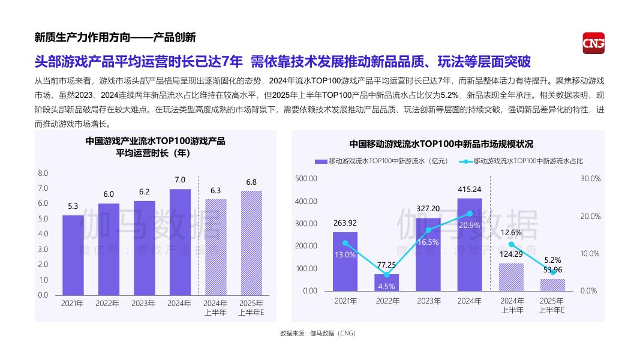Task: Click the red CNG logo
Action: pos(593,43)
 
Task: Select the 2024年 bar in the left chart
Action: pos(180,242)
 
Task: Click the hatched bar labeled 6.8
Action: pos(251,243)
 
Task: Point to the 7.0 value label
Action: pos(180,180)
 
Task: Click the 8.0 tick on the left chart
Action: pos(43,173)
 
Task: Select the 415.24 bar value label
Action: pos(469,189)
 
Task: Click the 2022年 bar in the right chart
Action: pos(386,283)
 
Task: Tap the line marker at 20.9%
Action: pos(470,214)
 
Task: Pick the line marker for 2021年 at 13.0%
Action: pos(345,243)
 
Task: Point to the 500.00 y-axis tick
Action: pos(306,179)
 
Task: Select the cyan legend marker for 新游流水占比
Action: pos(465,161)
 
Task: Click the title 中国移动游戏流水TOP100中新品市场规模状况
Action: pos(441,144)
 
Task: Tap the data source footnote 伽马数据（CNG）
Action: pos(318,334)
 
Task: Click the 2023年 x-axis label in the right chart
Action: pos(428,301)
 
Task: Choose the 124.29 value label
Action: pos(511,255)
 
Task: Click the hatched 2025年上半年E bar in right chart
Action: pos(552,285)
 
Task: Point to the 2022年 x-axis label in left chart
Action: pos(108,304)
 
